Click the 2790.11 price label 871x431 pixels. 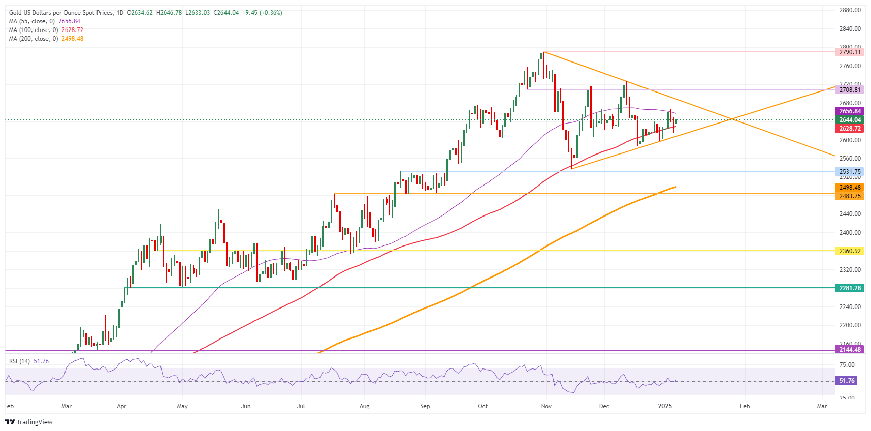849,52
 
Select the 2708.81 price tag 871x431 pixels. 849,90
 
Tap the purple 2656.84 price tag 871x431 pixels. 849,111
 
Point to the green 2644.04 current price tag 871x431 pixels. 849,120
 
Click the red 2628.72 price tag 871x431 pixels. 849,129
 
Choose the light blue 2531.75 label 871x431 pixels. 849,172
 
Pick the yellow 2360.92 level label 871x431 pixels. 849,251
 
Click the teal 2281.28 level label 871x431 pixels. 849,288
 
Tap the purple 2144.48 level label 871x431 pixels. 849,350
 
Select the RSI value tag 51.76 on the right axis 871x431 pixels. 847,381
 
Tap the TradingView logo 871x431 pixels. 29,422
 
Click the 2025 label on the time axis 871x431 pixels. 665,406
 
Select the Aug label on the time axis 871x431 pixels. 364,406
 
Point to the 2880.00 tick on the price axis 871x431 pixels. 850,10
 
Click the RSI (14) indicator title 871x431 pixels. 20,361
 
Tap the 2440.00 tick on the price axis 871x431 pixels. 850,214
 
